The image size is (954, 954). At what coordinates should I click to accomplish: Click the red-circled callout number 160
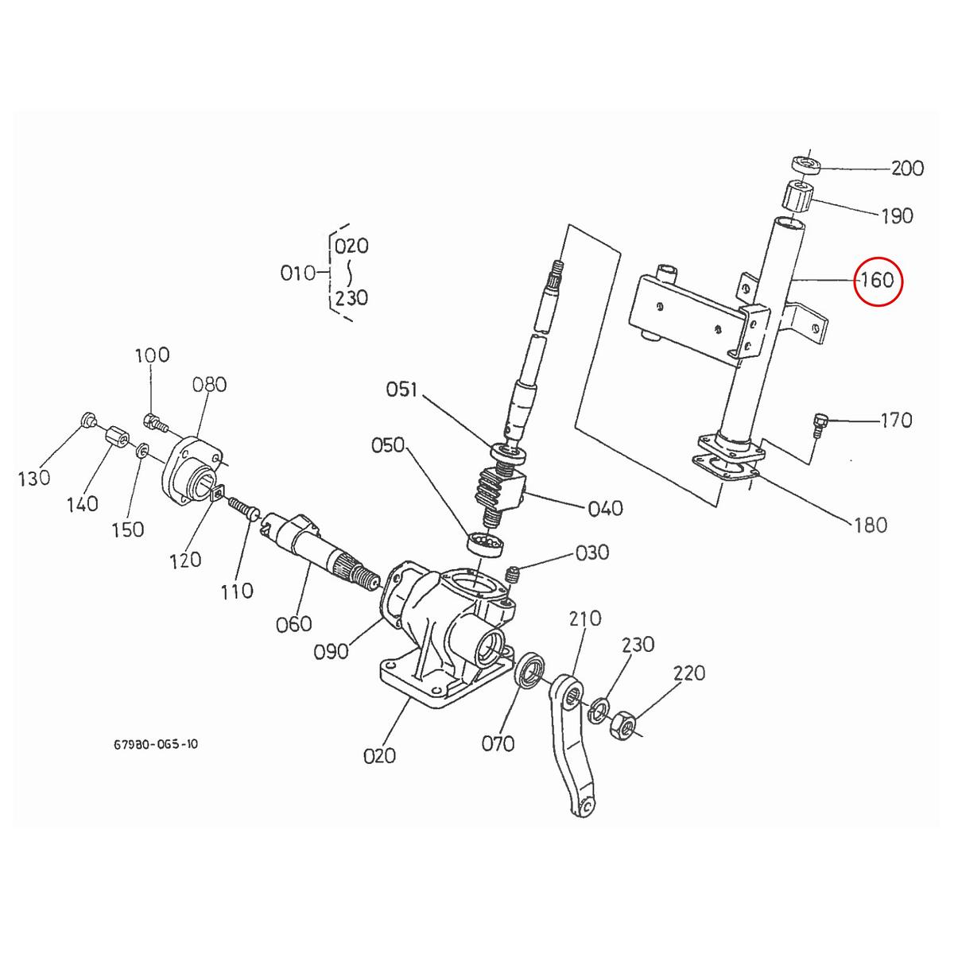(x=878, y=280)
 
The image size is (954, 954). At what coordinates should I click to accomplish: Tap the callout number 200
(x=907, y=169)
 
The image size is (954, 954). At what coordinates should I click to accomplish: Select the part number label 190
(x=897, y=215)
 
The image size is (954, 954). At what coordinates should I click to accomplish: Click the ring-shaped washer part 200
(x=805, y=165)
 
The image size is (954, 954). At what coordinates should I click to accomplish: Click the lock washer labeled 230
(x=599, y=710)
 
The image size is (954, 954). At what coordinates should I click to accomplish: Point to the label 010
(x=299, y=273)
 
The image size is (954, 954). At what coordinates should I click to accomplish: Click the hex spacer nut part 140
(x=116, y=437)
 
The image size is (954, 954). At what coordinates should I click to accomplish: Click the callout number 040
(x=604, y=508)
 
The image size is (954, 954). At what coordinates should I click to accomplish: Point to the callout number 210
(x=585, y=619)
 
